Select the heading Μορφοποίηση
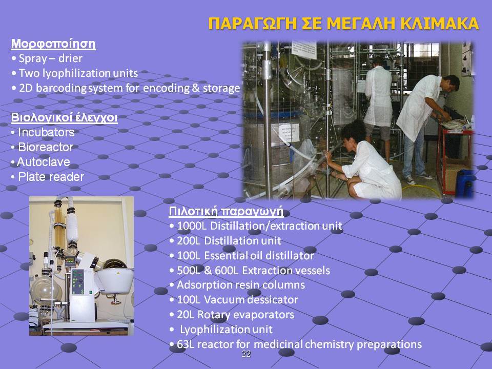(x=53, y=44)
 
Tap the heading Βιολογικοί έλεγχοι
(x=65, y=118)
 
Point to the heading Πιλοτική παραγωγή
(x=226, y=211)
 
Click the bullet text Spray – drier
(x=51, y=58)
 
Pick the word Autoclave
(x=43, y=162)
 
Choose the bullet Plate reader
(x=51, y=177)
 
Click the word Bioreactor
(x=46, y=147)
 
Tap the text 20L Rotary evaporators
(x=236, y=315)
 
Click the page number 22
(x=247, y=354)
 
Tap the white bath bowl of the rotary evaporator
(x=115, y=280)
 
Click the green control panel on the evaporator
(x=78, y=282)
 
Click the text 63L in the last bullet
(x=186, y=344)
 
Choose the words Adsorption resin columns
(x=241, y=285)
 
